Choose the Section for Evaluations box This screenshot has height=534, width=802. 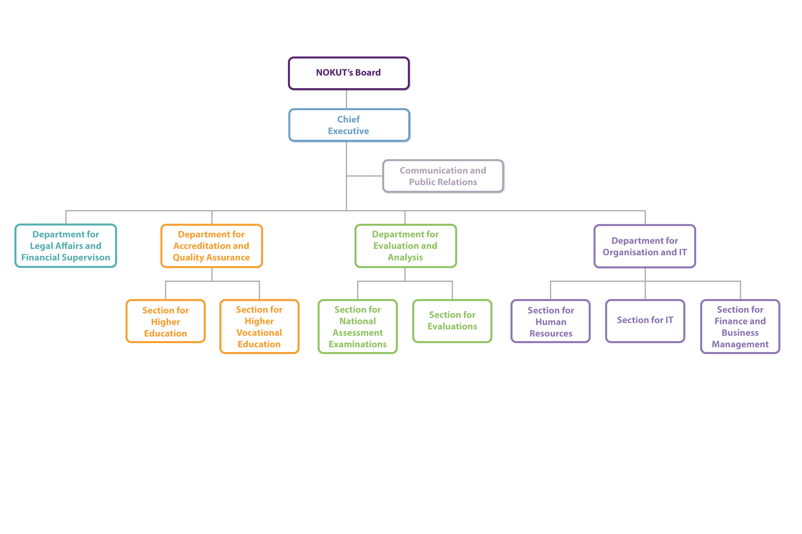click(x=452, y=321)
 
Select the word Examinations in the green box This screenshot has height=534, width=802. click(x=358, y=344)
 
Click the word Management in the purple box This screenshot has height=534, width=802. click(x=740, y=344)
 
